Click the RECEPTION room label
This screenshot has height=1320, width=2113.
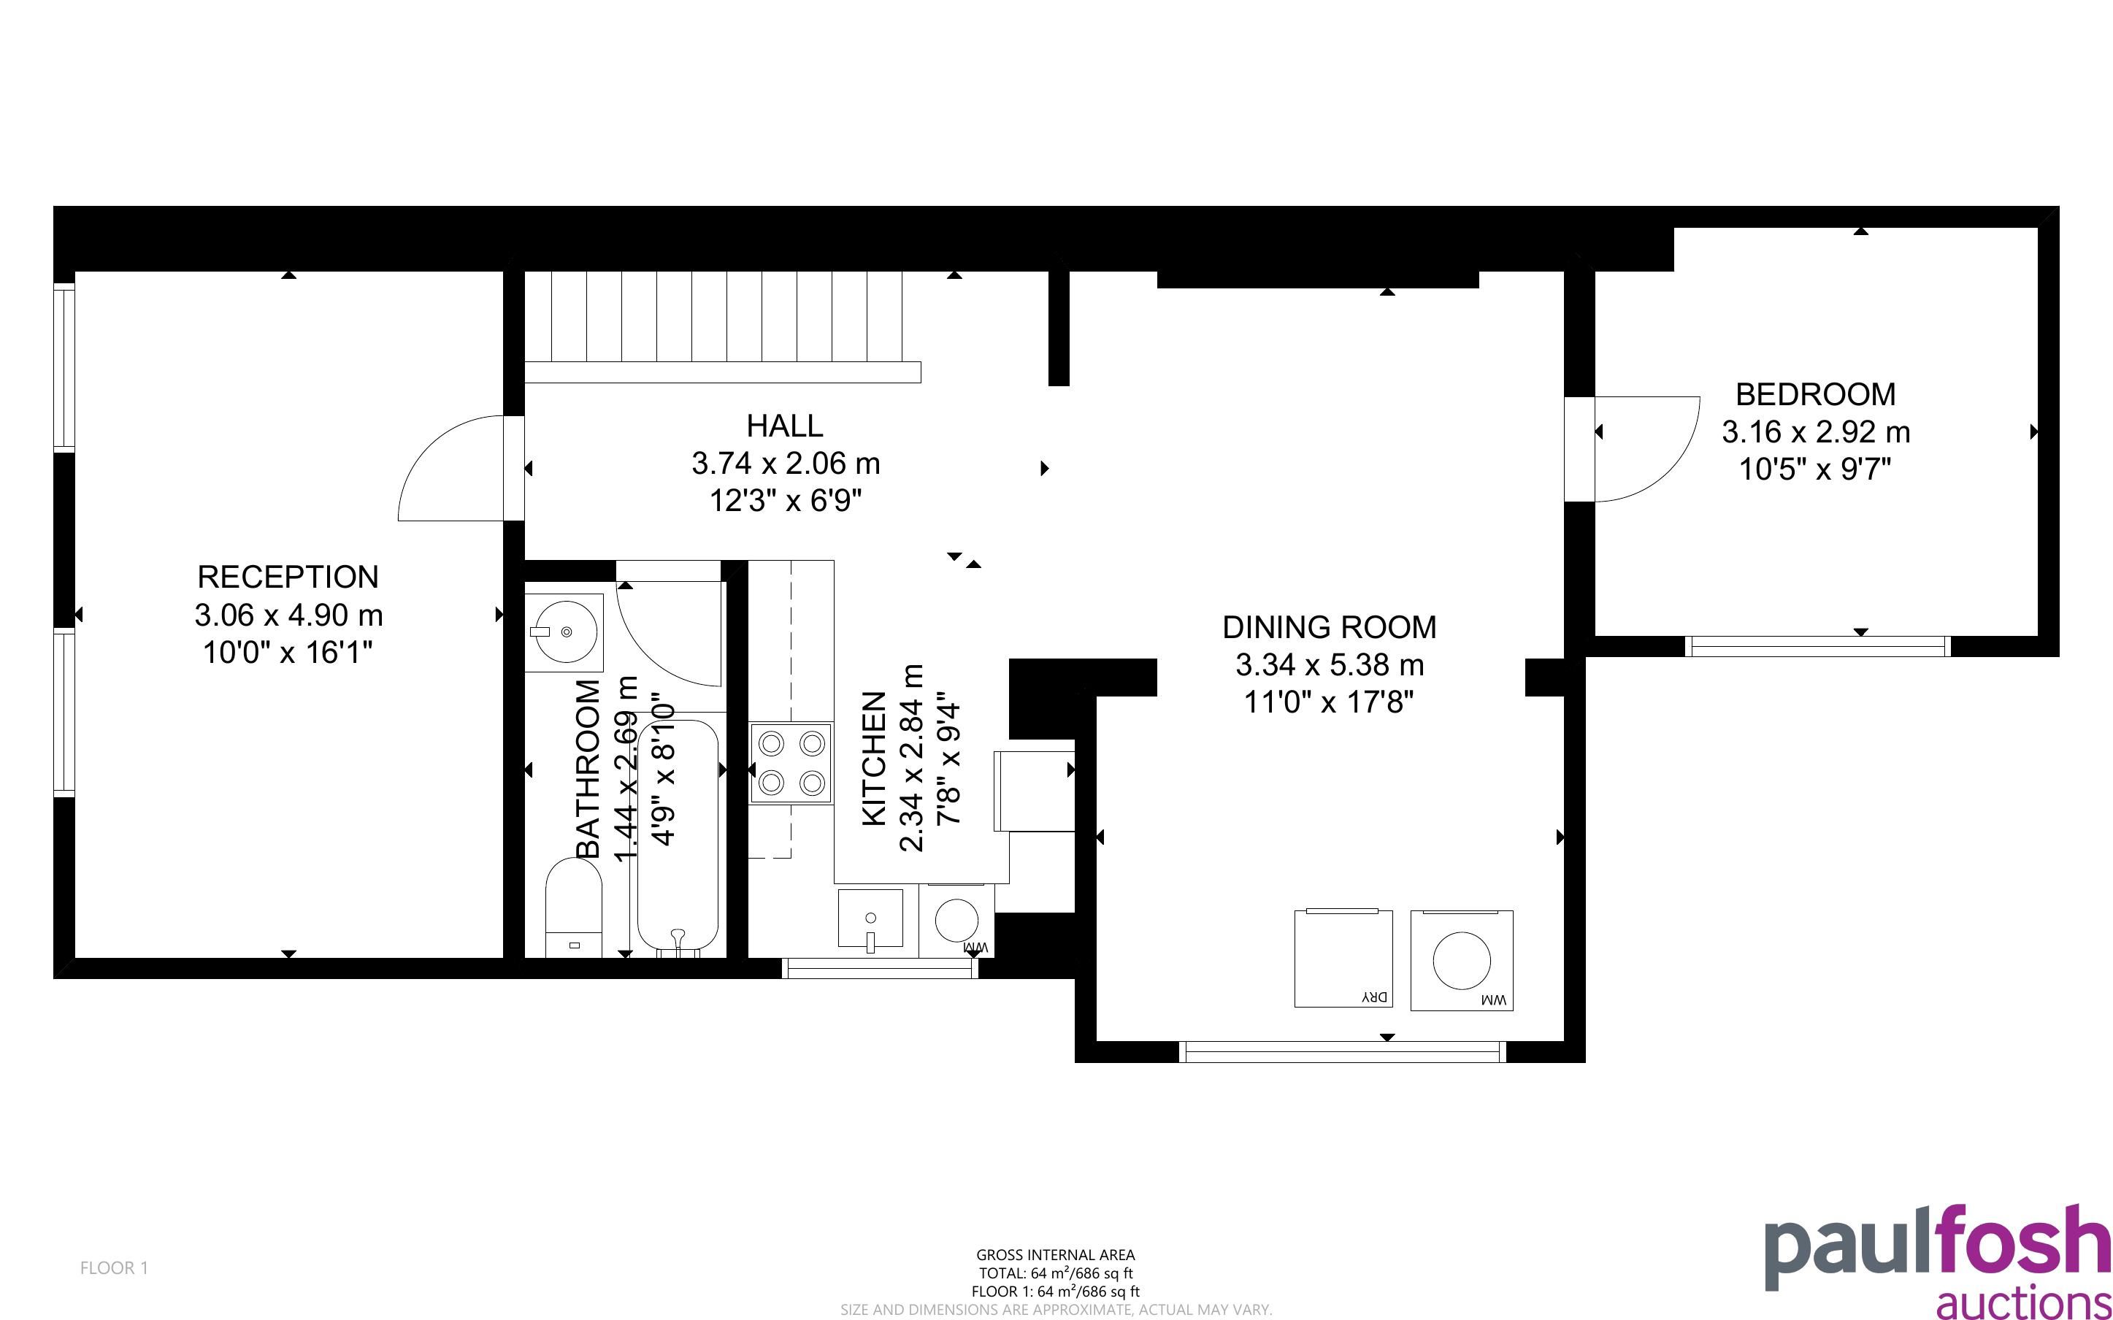click(288, 577)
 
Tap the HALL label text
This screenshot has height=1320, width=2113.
click(785, 426)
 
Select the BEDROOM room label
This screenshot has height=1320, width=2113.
click(1815, 394)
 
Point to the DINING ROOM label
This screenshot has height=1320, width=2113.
click(1330, 627)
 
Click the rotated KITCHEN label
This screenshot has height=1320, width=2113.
click(875, 759)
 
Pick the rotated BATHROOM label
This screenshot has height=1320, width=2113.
click(589, 769)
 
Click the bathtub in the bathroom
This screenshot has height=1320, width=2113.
click(678, 838)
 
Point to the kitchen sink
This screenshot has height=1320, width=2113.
click(870, 918)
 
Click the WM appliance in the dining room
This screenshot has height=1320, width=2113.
click(1462, 960)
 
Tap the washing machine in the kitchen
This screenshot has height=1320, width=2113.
click(956, 920)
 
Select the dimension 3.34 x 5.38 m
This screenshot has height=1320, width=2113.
click(1330, 665)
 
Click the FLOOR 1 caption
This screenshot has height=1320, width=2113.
click(115, 1267)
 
